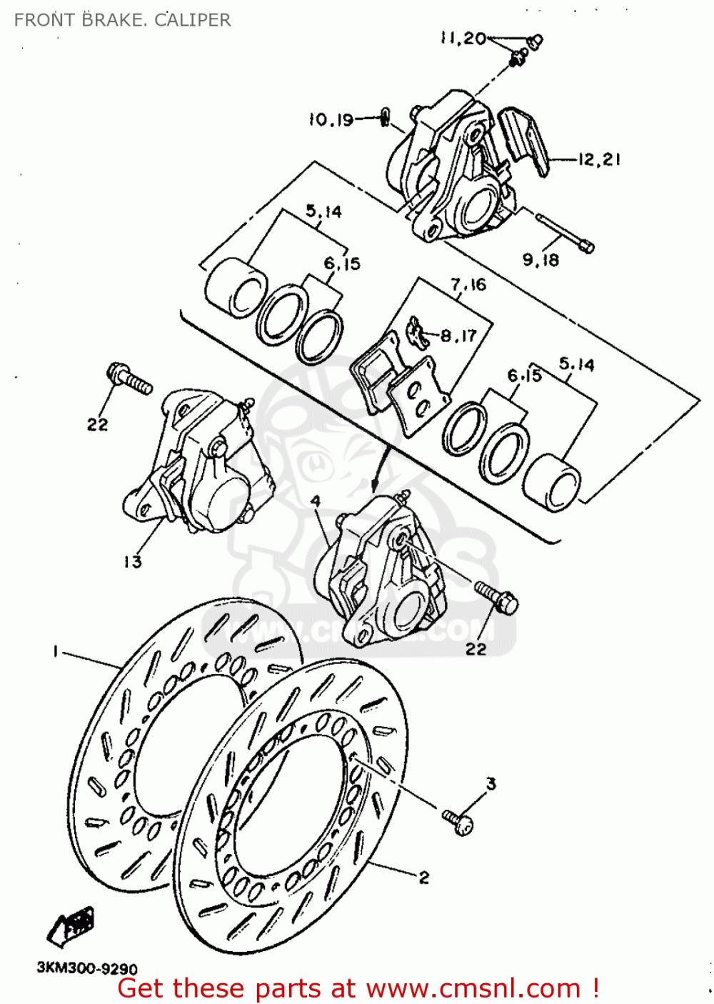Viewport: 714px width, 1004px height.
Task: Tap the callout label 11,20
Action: (463, 39)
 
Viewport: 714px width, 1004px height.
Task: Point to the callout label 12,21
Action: (599, 159)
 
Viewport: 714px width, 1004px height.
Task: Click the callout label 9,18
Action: (540, 260)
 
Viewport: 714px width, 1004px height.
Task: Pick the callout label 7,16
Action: (468, 285)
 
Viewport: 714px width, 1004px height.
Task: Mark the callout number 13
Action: (133, 562)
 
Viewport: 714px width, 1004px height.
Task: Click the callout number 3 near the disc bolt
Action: (491, 784)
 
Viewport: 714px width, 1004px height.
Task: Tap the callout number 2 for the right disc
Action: (423, 878)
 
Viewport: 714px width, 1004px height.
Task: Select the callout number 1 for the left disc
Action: (55, 651)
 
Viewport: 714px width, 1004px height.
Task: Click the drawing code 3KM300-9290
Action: (86, 969)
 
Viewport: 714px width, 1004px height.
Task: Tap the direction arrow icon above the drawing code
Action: (71, 924)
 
